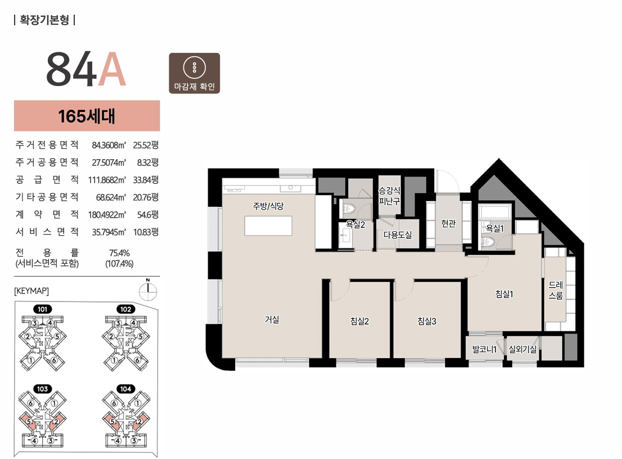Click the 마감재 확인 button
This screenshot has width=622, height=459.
click(x=195, y=73)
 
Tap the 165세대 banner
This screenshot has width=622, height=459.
click(x=87, y=116)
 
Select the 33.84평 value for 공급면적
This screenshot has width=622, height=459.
click(x=146, y=179)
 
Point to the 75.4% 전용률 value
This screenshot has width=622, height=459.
click(x=119, y=253)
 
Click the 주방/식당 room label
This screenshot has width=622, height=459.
click(x=269, y=206)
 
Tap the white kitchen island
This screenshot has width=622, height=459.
click(x=268, y=226)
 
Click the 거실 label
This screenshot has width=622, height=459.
click(x=272, y=319)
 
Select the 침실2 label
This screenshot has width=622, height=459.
click(x=360, y=321)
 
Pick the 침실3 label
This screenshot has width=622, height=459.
click(x=427, y=321)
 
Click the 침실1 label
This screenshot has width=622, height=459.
click(x=504, y=294)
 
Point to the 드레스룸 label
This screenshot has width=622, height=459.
click(x=556, y=290)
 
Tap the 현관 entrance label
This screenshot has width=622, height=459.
click(x=449, y=224)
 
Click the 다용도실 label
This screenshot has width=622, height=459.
click(x=398, y=235)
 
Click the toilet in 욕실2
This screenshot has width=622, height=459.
click(x=349, y=208)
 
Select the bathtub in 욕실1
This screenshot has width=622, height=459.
click(x=495, y=212)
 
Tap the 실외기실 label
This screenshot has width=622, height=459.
click(x=522, y=349)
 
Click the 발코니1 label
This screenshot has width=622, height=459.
click(x=484, y=349)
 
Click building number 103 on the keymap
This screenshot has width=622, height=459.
click(x=42, y=389)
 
